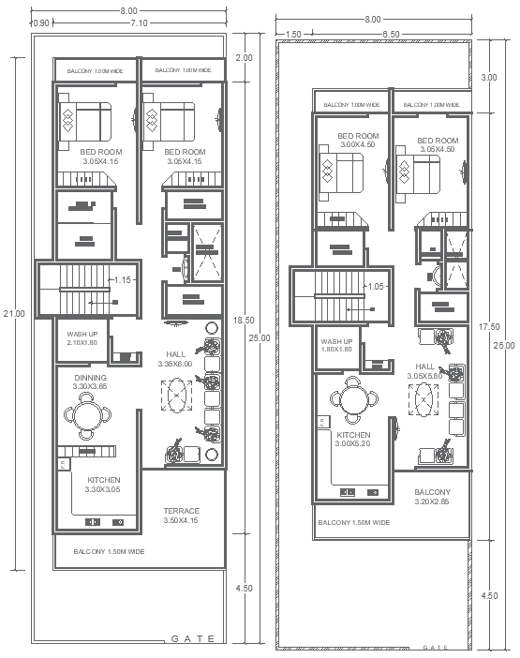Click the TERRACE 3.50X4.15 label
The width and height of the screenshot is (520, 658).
point(181,516)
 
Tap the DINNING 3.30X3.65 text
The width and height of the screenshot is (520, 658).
point(90,381)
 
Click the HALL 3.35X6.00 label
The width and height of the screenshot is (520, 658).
point(174,359)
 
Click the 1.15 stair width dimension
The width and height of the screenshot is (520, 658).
point(123,280)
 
